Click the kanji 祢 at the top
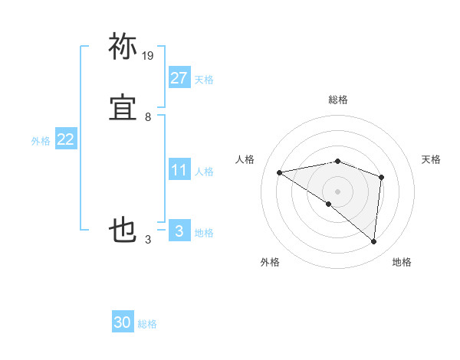pos(123,47)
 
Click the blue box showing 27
pos(179,77)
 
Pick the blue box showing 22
pos(65,139)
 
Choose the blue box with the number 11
pos(179,170)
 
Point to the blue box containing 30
pos(123,322)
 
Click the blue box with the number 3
pos(179,231)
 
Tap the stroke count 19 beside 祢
pos(148,56)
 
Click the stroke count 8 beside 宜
pos(148,117)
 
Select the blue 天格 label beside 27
pos(204,80)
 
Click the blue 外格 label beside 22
pos(41,141)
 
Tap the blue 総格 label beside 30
pos(148,324)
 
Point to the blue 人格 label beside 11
pos(204,172)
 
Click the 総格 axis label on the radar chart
pos(338,100)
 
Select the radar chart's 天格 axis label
pos(431,159)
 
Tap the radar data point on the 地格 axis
pos(374,242)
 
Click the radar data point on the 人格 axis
pos(280,172)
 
